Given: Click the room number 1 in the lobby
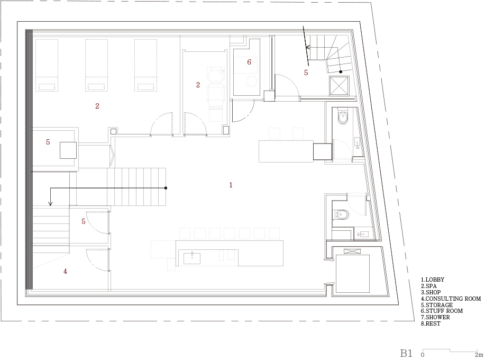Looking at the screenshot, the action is (x=231, y=185).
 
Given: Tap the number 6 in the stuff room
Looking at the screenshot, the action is (x=249, y=62).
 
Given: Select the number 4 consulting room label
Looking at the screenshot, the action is (x=65, y=271).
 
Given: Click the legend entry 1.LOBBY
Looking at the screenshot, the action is (x=433, y=280).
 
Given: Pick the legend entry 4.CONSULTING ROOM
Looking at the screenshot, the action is (x=451, y=299).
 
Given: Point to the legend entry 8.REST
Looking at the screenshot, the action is (x=431, y=323).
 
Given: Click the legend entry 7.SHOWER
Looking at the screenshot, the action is (x=435, y=317).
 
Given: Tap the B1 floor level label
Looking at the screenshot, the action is (x=406, y=353).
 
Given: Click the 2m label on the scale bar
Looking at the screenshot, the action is (x=479, y=355).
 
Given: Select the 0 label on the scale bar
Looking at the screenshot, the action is (x=423, y=355).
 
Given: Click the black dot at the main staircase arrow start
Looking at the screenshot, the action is (x=166, y=188).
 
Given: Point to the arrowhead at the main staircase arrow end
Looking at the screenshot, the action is (x=50, y=203).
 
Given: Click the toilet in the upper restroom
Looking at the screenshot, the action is (x=343, y=118).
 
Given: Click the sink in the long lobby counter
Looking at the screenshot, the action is (x=192, y=258).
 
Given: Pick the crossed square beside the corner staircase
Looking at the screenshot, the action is (x=339, y=85).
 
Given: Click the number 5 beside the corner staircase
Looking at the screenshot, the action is (x=306, y=73).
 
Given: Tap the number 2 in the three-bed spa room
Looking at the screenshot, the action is (x=97, y=106).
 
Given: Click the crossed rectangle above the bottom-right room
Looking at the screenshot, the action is (x=352, y=251).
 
